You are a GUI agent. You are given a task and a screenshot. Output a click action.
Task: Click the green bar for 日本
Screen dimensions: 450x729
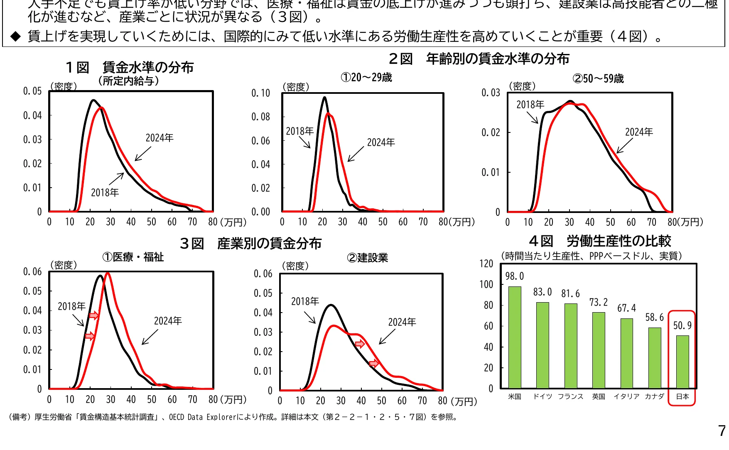point(682,362)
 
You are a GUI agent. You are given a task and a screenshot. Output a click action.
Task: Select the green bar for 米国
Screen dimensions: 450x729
point(515,337)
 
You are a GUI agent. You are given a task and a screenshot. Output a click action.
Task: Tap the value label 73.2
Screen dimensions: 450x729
point(598,302)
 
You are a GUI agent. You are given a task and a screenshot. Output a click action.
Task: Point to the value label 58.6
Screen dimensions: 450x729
point(654,318)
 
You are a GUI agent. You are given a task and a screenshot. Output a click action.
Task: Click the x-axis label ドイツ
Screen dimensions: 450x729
point(542,396)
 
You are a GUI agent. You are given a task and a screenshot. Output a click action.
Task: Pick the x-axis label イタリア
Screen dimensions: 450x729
point(626,396)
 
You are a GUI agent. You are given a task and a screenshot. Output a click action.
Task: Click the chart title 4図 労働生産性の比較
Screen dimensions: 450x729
point(600,241)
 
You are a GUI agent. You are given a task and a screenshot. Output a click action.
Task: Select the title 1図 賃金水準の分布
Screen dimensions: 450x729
point(130,67)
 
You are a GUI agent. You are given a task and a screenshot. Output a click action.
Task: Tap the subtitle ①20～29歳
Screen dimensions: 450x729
point(366,78)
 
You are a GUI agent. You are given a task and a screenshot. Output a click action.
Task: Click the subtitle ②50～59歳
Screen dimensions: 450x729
point(598,78)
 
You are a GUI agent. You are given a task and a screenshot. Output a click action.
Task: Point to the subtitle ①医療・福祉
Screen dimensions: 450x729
point(133,257)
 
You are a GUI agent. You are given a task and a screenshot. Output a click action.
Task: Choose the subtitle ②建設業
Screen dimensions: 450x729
point(367,258)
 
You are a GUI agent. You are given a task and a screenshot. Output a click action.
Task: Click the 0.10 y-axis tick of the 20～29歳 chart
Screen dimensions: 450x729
point(260,93)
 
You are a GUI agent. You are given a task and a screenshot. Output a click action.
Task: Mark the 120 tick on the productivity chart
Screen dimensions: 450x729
point(486,264)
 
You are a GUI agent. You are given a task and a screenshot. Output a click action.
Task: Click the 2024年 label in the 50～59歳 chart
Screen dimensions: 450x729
point(638,132)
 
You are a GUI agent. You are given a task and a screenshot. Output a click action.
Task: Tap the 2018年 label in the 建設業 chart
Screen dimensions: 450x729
point(305,301)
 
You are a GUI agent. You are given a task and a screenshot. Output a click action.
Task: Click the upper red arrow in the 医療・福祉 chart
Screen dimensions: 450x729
point(94,315)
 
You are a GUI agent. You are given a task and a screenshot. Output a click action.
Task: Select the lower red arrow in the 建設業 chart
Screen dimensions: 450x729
point(374,364)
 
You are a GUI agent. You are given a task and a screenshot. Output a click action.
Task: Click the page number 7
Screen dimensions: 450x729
point(722,431)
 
